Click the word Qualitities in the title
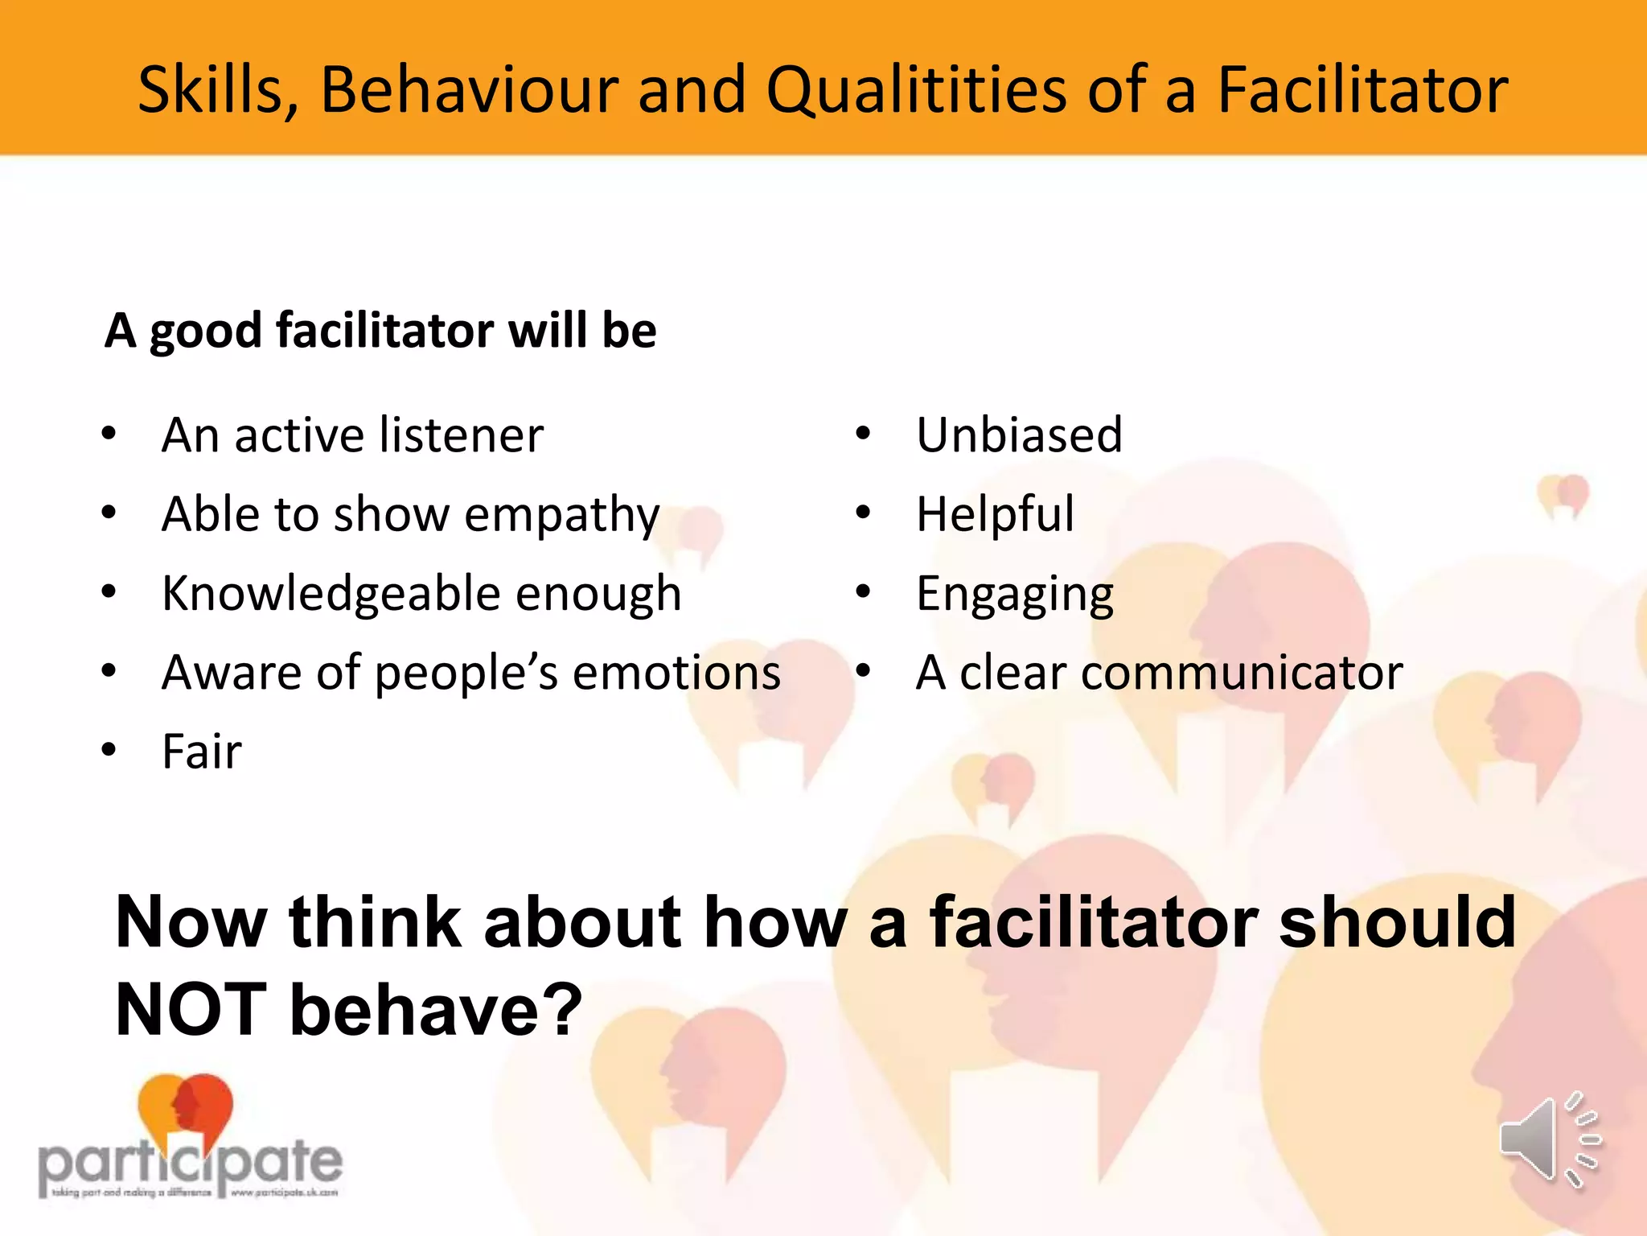[917, 90]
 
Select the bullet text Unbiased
[1019, 435]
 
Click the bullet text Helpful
[995, 514]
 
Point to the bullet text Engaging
[1015, 594]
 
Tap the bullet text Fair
[202, 752]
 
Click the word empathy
[561, 515]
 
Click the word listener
[462, 435]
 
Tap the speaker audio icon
[1549, 1139]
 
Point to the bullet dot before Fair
[109, 751]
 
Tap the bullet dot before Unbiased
[863, 435]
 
